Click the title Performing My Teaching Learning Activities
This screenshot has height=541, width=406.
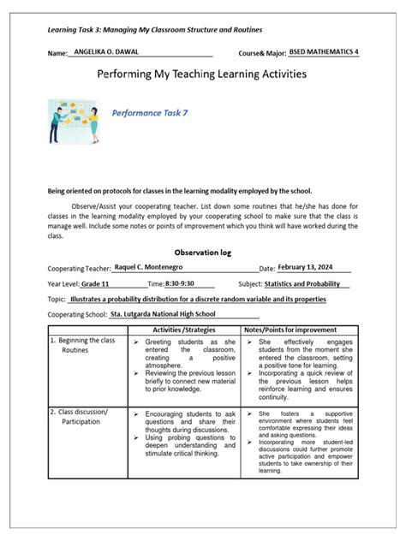coord(202,74)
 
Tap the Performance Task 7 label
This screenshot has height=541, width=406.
coord(157,112)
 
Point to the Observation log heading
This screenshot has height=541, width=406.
coord(202,253)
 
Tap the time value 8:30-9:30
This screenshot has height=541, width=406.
coord(180,283)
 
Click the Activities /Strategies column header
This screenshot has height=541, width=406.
coord(183,330)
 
